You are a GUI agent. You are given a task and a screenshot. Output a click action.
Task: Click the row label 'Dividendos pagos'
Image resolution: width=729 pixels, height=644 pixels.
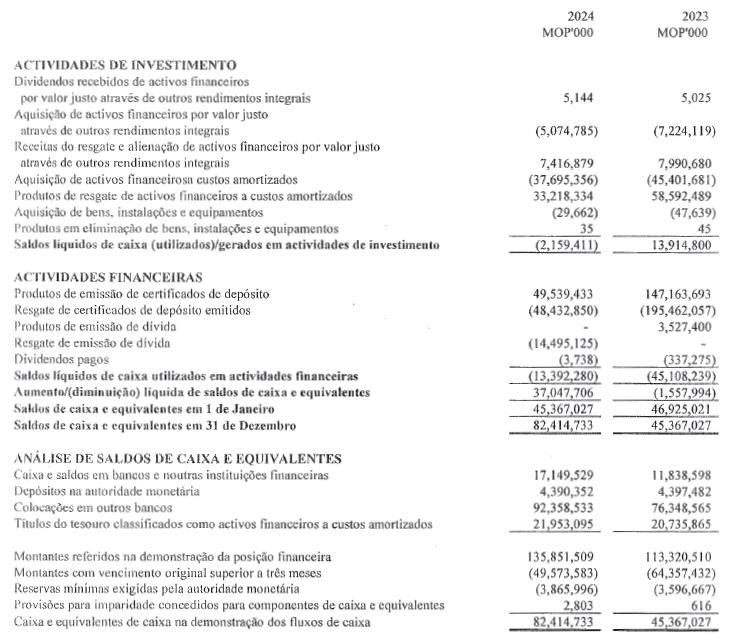pos(61,358)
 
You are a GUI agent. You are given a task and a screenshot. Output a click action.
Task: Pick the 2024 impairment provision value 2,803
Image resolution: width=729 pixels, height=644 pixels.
pos(594,606)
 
